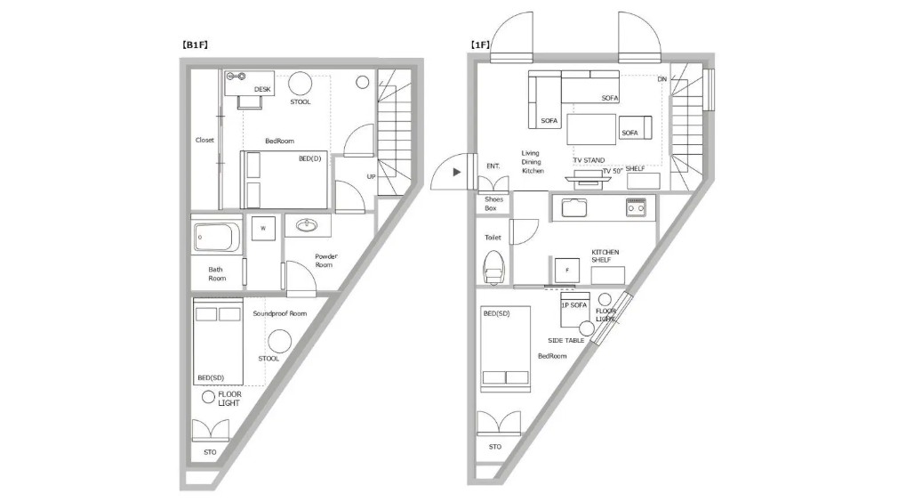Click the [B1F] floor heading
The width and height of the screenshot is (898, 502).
pyautogui.click(x=195, y=45)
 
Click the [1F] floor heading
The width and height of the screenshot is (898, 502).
pyautogui.click(x=480, y=45)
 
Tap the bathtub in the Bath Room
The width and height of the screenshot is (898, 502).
pyautogui.click(x=216, y=238)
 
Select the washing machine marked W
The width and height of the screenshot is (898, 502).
pyautogui.click(x=263, y=228)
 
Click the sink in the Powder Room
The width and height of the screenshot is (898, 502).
pyautogui.click(x=307, y=225)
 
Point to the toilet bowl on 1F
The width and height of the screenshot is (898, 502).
pyautogui.click(x=493, y=268)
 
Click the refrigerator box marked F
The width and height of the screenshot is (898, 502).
pyautogui.click(x=567, y=271)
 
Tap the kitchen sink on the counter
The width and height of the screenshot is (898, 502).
pyautogui.click(x=573, y=207)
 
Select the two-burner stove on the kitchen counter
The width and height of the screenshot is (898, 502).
pyautogui.click(x=636, y=207)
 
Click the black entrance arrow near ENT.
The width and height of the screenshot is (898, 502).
pyautogui.click(x=456, y=172)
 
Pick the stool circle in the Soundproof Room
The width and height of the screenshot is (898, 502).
pyautogui.click(x=279, y=342)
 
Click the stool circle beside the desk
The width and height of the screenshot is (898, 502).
pyautogui.click(x=301, y=84)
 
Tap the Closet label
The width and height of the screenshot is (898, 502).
pyautogui.click(x=204, y=140)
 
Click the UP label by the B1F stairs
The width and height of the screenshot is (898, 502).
pyautogui.click(x=371, y=176)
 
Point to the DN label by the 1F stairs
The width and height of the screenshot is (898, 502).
pyautogui.click(x=662, y=79)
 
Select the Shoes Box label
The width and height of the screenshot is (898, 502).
pyautogui.click(x=493, y=204)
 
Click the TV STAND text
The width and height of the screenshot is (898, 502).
pyautogui.click(x=589, y=160)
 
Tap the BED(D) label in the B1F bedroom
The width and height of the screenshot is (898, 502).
pyautogui.click(x=309, y=158)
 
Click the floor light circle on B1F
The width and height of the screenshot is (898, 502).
pyautogui.click(x=208, y=397)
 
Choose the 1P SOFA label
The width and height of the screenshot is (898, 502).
pyautogui.click(x=573, y=305)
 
